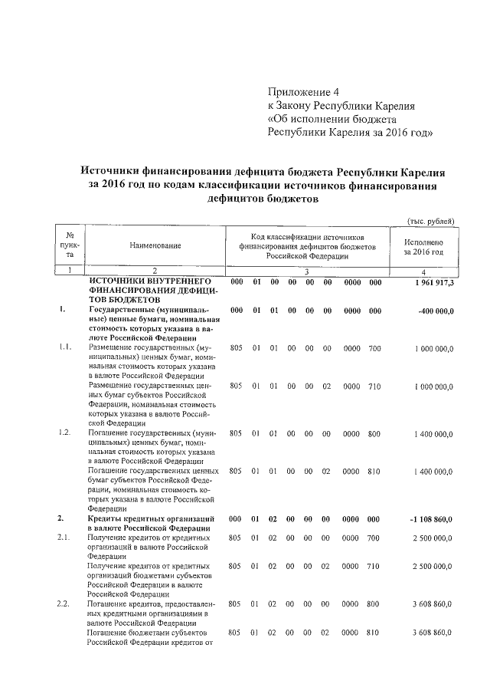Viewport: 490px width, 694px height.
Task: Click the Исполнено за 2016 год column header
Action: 423,245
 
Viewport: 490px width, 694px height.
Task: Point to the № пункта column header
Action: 70,245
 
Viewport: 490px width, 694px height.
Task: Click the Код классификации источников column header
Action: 306,246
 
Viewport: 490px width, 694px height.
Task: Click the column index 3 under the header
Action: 306,271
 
